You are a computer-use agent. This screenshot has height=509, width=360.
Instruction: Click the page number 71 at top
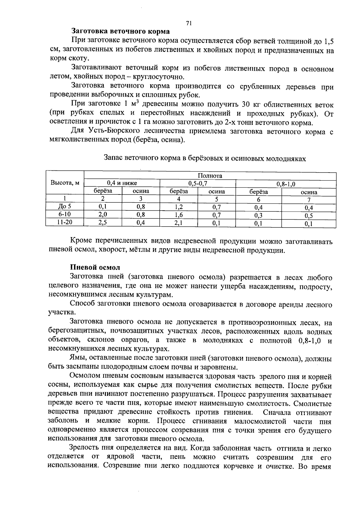[189, 23]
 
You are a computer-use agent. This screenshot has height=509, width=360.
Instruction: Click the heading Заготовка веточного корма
[120, 31]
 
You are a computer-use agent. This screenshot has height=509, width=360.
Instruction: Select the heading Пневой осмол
[95, 267]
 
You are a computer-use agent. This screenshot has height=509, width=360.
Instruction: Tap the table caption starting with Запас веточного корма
[205, 158]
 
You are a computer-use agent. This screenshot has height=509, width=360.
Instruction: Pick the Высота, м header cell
[65, 183]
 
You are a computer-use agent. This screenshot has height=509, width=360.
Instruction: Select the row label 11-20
[65, 222]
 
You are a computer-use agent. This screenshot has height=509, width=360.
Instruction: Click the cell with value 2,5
[103, 222]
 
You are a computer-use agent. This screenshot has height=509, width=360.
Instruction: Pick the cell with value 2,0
[103, 214]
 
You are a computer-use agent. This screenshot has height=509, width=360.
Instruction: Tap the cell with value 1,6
[179, 215]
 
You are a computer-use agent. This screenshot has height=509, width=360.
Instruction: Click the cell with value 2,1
[179, 223]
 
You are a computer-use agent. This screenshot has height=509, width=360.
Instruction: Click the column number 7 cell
[309, 200]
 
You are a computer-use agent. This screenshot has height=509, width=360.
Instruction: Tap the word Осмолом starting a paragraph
[84, 376]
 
